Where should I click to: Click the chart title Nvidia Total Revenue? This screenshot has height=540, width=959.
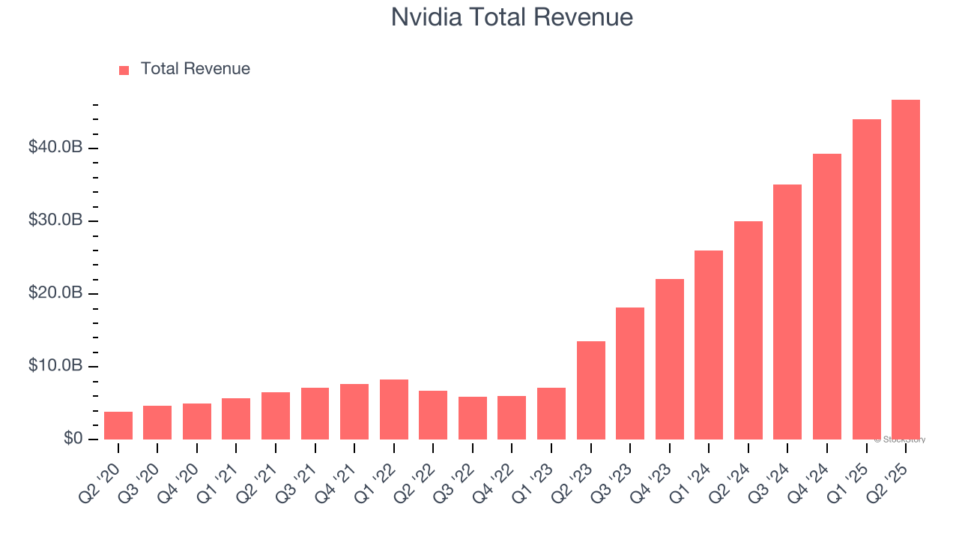(512, 17)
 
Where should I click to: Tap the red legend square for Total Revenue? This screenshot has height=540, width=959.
(124, 70)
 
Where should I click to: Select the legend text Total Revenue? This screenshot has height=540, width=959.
(195, 69)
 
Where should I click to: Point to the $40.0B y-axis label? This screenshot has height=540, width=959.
(55, 148)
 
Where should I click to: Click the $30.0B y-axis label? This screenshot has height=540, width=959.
(55, 220)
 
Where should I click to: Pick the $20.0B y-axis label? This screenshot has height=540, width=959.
(55, 293)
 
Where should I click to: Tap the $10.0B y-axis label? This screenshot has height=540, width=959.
(55, 366)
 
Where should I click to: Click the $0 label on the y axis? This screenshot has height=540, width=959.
(72, 438)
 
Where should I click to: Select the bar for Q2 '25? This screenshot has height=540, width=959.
(906, 270)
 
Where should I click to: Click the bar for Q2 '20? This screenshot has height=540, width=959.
(118, 425)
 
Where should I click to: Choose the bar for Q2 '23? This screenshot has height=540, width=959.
(591, 390)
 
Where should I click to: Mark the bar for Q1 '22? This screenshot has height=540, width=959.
(394, 409)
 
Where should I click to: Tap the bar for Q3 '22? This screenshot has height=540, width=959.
(473, 418)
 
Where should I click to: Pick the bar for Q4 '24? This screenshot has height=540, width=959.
(827, 296)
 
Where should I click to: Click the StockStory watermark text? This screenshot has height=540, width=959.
(900, 439)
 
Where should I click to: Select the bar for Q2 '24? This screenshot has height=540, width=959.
(748, 330)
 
